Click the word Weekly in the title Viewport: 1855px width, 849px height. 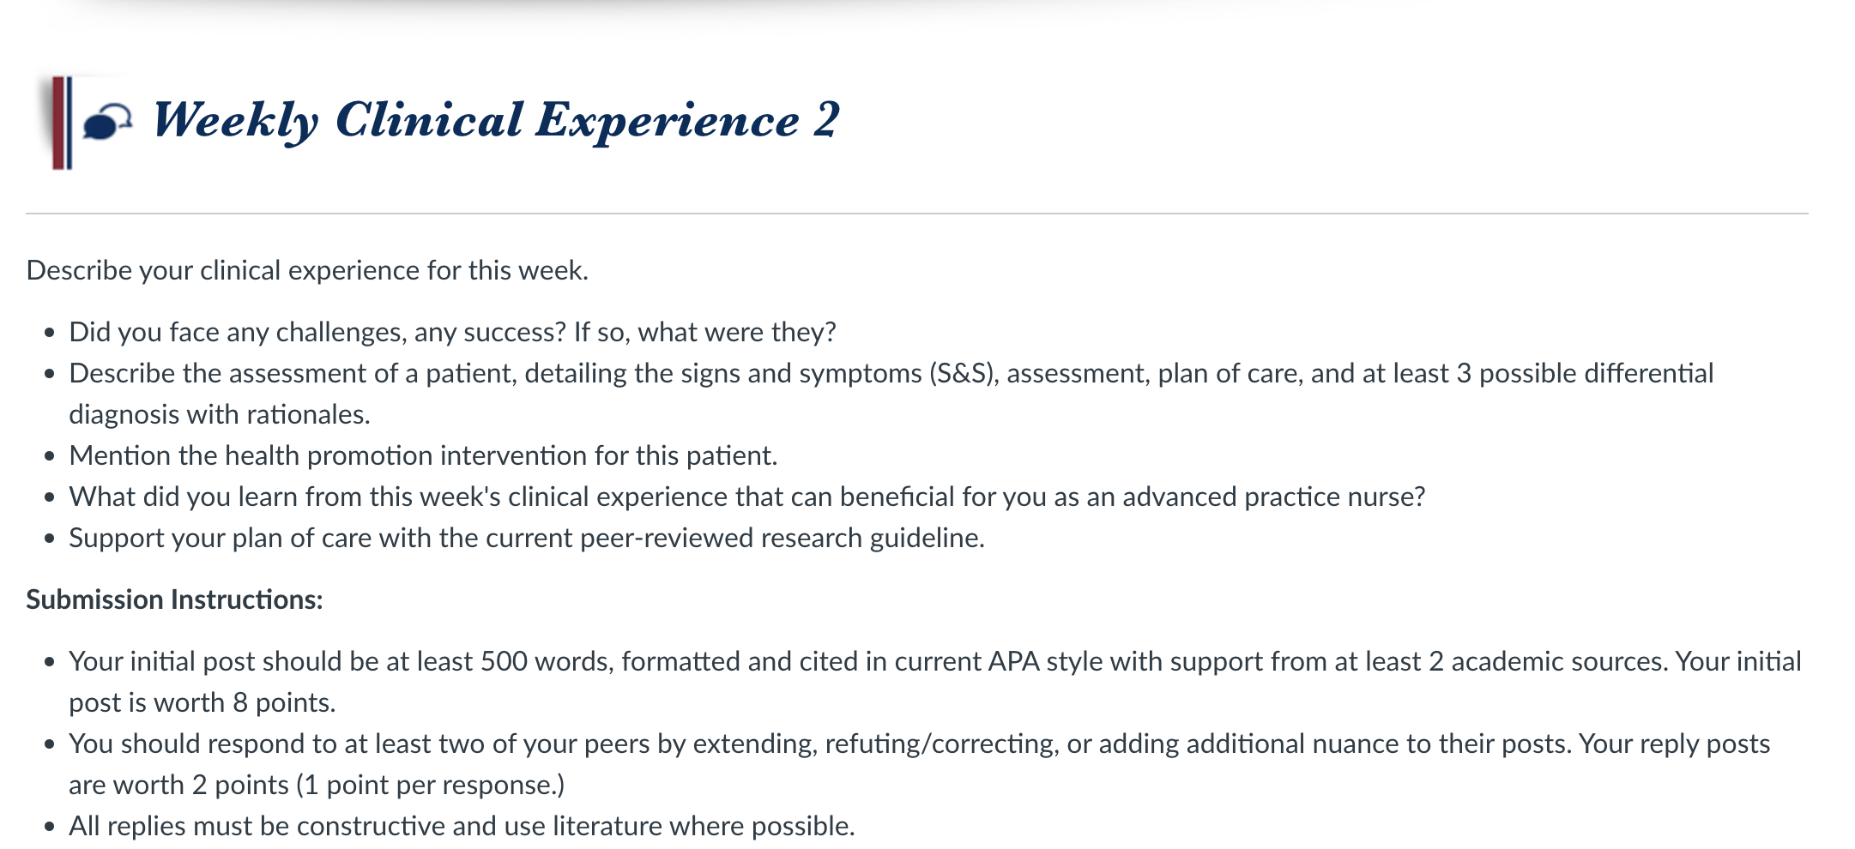[x=236, y=120]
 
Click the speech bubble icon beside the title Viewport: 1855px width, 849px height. [x=107, y=122]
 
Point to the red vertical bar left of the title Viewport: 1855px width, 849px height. [x=58, y=123]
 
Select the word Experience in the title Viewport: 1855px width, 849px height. [x=668, y=120]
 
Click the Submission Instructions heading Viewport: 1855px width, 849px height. [x=174, y=599]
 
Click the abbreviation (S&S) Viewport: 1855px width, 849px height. [x=964, y=374]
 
